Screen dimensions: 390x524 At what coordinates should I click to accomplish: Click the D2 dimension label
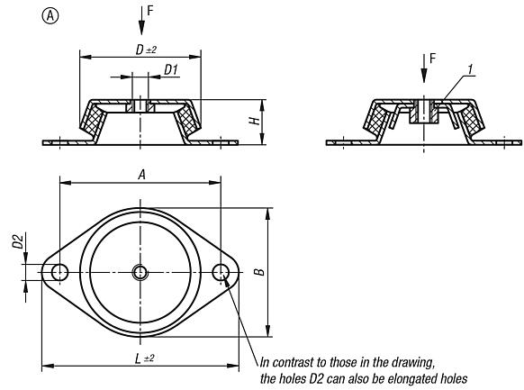coord(15,267)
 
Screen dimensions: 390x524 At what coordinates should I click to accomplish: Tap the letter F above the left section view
coord(150,12)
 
